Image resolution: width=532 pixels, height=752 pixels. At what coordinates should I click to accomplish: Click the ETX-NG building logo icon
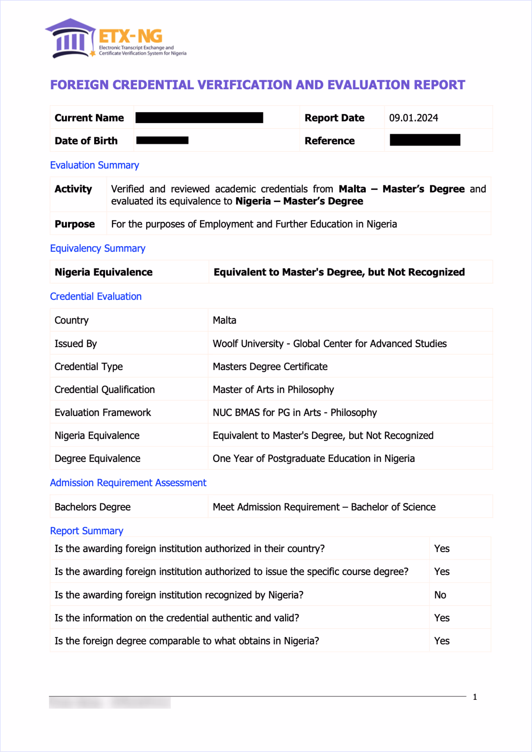point(70,39)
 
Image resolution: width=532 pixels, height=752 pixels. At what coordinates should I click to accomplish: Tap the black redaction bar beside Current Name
point(199,118)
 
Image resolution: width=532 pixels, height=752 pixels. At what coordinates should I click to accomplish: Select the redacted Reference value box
point(425,140)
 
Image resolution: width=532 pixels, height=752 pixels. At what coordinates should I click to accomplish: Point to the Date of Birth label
point(86,141)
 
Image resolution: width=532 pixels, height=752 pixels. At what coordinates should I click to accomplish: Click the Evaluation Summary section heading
point(95,165)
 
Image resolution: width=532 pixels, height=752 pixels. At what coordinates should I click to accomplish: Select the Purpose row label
point(75,224)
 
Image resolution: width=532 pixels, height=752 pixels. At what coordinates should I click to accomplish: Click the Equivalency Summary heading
point(97,248)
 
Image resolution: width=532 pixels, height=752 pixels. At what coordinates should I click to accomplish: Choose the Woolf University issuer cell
point(329,343)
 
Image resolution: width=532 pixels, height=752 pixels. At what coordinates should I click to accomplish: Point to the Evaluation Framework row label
point(103,412)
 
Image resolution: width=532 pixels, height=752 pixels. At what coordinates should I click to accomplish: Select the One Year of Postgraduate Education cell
point(313,458)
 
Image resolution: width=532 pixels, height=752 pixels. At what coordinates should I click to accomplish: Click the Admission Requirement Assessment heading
point(128,483)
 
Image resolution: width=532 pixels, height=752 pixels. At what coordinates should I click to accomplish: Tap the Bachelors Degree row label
point(92,507)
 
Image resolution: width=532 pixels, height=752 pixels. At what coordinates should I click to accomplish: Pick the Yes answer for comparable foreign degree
point(442,641)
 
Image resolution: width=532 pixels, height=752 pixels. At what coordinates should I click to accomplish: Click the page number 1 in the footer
point(475,697)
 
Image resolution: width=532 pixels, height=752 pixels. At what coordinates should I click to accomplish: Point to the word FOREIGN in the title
point(79,85)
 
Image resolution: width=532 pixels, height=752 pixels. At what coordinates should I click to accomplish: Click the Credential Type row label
point(89,366)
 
